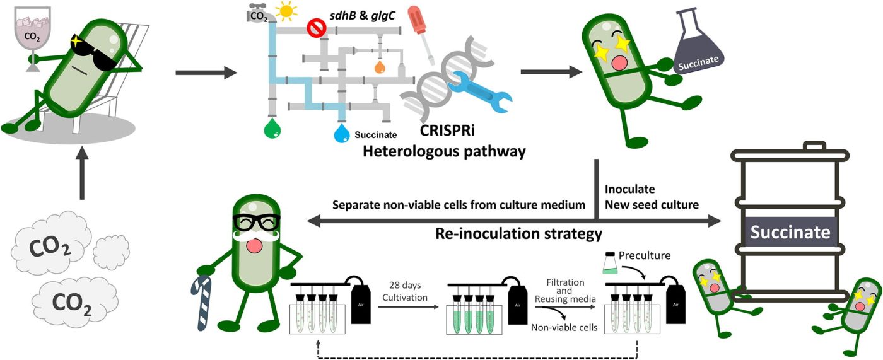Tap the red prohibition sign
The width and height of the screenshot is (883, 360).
[x=315, y=28]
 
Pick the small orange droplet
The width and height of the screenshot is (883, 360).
[x=379, y=66]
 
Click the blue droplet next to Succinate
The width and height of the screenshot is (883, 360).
[x=342, y=132]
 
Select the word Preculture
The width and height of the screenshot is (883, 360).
[x=645, y=255]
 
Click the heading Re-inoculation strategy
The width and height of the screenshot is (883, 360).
[x=519, y=234]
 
